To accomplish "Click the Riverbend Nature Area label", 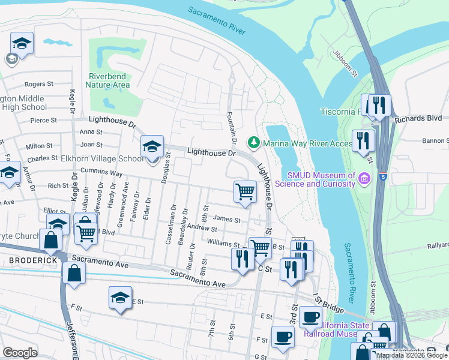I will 109,80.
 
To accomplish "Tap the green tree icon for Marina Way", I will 253,142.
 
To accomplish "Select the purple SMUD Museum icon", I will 363,179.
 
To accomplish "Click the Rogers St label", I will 39,85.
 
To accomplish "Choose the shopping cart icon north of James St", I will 245,191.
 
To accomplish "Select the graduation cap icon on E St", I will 120,297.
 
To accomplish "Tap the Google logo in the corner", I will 20,353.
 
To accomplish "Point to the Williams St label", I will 223,244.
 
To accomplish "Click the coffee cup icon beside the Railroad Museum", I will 310,316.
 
